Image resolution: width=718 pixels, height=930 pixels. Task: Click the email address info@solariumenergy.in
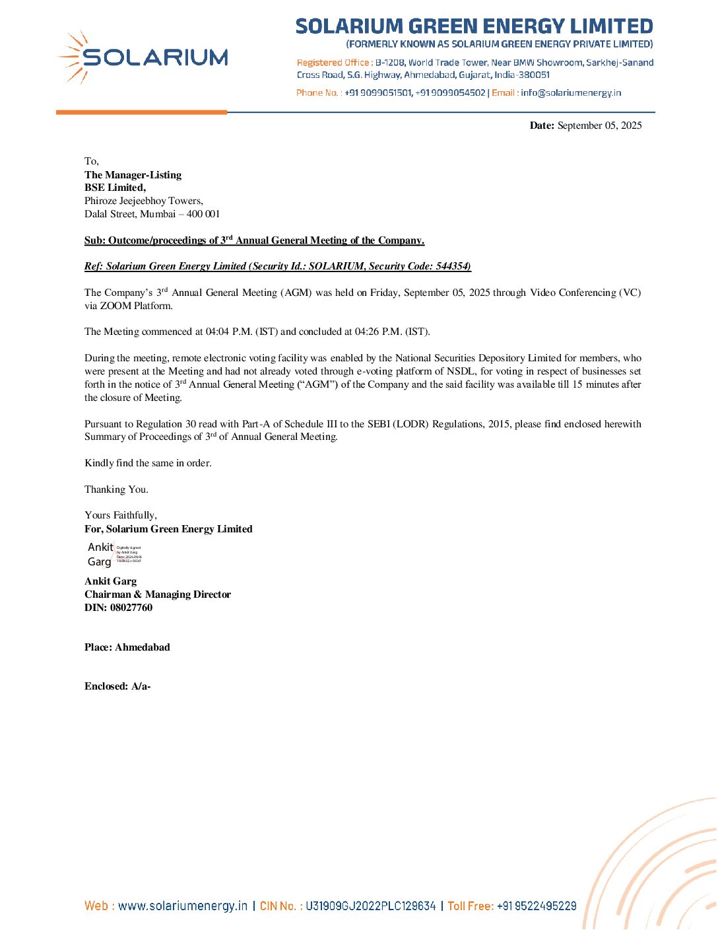click(571, 93)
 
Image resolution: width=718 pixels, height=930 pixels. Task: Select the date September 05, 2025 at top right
click(599, 125)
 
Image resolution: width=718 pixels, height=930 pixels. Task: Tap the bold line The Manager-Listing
click(133, 175)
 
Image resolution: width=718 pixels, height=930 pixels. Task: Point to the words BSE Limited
click(115, 188)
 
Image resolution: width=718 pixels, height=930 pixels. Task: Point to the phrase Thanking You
click(116, 489)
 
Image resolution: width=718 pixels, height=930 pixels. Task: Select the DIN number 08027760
click(131, 608)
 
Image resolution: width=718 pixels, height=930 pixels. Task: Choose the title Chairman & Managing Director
click(158, 594)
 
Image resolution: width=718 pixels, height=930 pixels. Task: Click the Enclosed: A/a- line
click(117, 686)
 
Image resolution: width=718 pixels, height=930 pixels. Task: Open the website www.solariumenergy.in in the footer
click(183, 906)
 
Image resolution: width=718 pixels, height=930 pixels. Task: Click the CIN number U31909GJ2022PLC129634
click(370, 906)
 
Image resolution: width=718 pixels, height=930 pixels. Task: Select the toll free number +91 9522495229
click(537, 906)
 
